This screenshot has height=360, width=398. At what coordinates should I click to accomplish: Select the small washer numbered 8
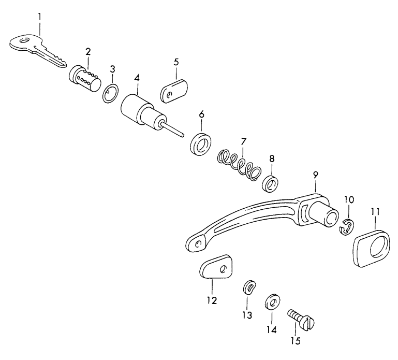(x=270, y=182)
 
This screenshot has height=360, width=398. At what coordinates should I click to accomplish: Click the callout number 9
(x=315, y=176)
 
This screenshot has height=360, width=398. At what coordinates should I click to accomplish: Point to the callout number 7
(x=243, y=140)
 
